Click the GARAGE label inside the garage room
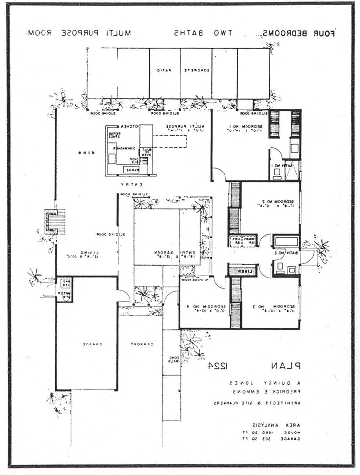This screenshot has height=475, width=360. (x=89, y=344)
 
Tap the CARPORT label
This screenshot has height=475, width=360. (x=142, y=344)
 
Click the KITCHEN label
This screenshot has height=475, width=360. (x=125, y=126)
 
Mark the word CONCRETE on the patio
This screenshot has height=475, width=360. (x=197, y=70)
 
